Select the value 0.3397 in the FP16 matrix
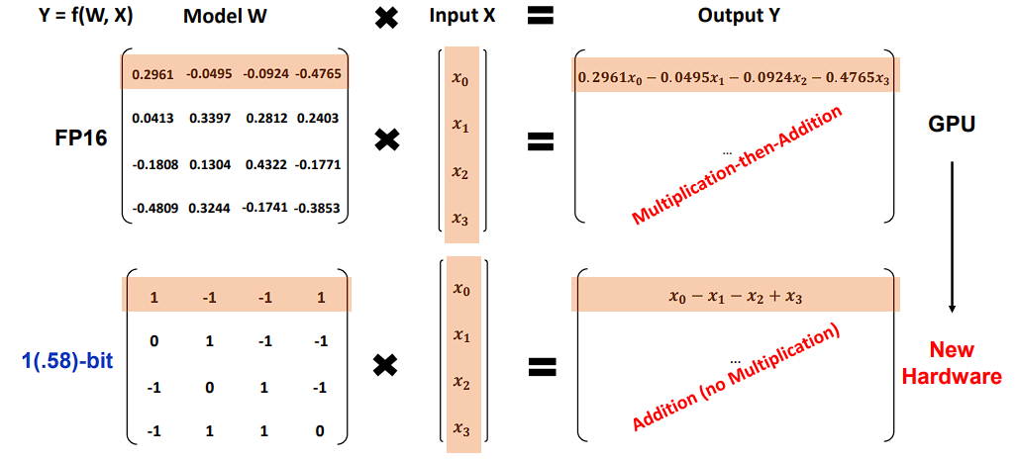[x=208, y=118]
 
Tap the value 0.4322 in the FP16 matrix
[x=265, y=163]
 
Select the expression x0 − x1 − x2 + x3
[x=736, y=295]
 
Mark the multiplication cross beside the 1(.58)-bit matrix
[x=387, y=366]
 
